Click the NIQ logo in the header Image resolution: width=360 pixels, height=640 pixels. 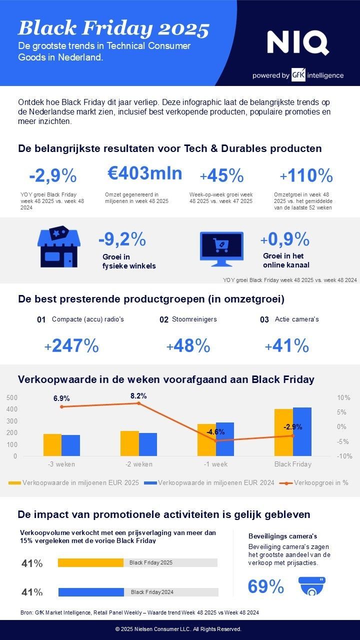298,43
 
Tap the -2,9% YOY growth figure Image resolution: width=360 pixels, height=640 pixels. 52,176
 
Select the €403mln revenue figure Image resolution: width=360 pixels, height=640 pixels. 145,173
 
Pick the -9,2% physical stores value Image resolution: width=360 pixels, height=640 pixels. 122,239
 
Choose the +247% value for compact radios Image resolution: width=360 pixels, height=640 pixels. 71,345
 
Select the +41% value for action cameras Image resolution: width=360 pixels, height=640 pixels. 286,345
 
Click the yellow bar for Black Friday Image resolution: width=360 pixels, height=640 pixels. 283,432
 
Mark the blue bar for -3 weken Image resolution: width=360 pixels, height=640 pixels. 70,445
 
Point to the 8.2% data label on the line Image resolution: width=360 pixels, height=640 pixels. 138,396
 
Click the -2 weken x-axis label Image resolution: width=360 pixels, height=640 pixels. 138,464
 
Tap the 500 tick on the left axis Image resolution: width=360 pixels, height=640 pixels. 12,397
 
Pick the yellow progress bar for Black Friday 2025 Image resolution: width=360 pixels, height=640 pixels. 90,562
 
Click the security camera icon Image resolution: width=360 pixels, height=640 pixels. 312,586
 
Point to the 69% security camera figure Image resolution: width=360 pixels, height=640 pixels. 266,586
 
